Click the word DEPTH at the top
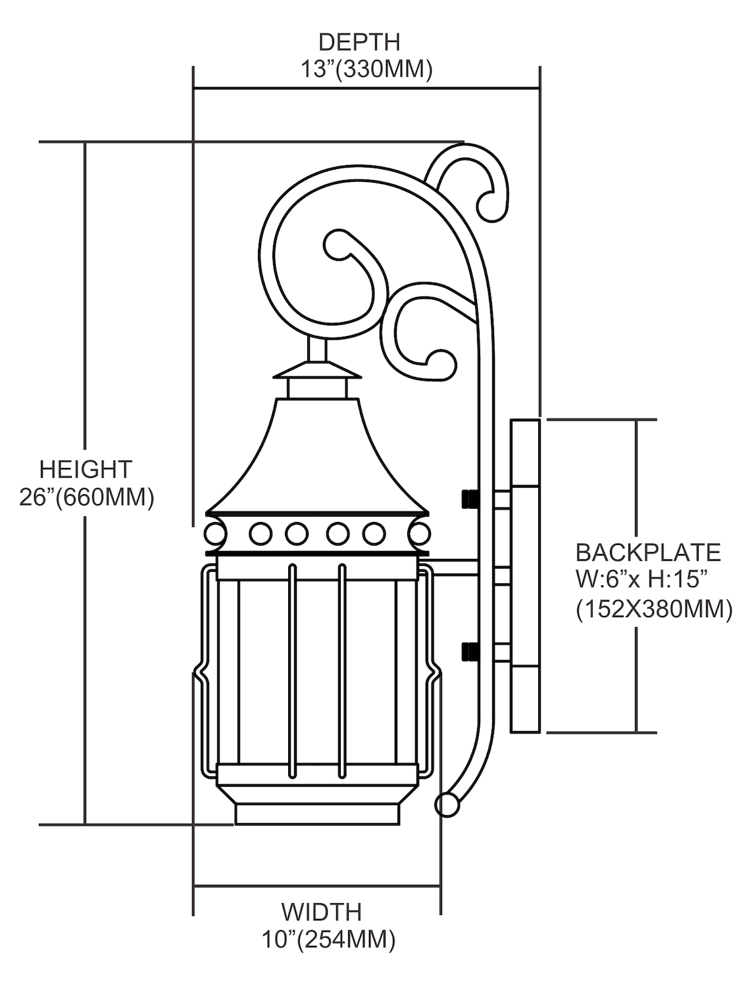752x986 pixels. (x=359, y=42)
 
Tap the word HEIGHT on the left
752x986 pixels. (x=86, y=469)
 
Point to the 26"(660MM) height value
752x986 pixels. (x=86, y=497)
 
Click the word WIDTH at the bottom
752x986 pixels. (x=322, y=912)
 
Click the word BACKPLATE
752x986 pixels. (x=648, y=552)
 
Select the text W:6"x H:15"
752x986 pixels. (x=642, y=580)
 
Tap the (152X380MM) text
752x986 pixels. (x=654, y=609)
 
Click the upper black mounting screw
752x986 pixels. (x=469, y=499)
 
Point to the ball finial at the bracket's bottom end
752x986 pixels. (x=447, y=805)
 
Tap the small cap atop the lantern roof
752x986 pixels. (x=317, y=372)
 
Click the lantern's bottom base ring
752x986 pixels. (x=317, y=814)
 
